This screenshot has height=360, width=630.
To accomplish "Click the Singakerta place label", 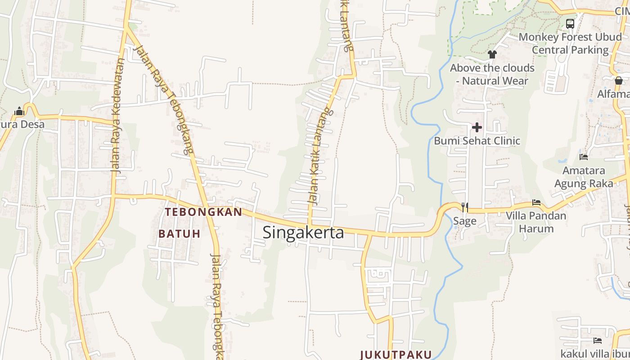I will pyautogui.click(x=303, y=233).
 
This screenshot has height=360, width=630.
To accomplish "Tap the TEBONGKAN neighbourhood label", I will pyautogui.click(x=203, y=212).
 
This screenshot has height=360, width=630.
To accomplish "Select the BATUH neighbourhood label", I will pyautogui.click(x=179, y=234).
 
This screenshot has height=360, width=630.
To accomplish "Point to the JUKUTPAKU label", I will pyautogui.click(x=396, y=355).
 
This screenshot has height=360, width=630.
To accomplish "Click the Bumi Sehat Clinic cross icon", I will pyautogui.click(x=477, y=127).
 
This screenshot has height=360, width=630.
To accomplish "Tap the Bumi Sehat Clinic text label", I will pyautogui.click(x=477, y=141).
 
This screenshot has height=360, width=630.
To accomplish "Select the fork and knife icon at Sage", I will pyautogui.click(x=465, y=207).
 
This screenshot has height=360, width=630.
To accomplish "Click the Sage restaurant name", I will pyautogui.click(x=464, y=221).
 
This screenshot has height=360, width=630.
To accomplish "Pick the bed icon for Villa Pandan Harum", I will pyautogui.click(x=536, y=202).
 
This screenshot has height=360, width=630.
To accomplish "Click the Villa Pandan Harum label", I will pyautogui.click(x=536, y=222).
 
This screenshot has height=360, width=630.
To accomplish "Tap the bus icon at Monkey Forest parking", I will pyautogui.click(x=570, y=23).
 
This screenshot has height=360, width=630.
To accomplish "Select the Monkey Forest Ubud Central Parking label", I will pyautogui.click(x=570, y=43).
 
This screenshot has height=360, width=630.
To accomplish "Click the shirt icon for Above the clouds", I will pyautogui.click(x=492, y=54).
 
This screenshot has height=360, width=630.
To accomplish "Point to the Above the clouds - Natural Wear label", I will pyautogui.click(x=492, y=74).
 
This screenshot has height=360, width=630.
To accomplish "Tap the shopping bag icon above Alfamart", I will pyautogui.click(x=619, y=81).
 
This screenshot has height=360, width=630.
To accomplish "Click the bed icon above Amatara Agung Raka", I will pyautogui.click(x=584, y=157).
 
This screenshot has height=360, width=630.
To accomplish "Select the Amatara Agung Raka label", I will pyautogui.click(x=584, y=177).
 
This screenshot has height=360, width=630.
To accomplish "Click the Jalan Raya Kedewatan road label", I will pyautogui.click(x=117, y=115).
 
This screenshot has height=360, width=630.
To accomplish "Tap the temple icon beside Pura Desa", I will pyautogui.click(x=19, y=111).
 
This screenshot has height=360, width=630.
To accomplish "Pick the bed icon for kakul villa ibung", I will pyautogui.click(x=598, y=341).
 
